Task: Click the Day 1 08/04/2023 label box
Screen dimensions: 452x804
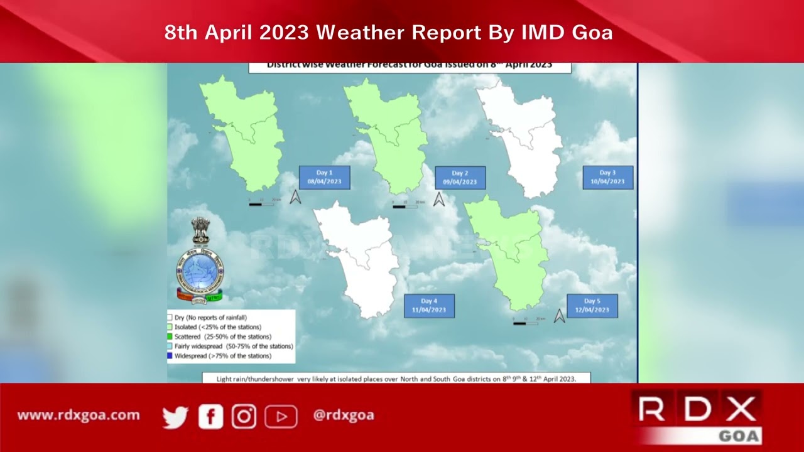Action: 324,178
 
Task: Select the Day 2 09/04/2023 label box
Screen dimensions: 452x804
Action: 460,178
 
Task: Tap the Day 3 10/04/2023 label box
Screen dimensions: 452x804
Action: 607,178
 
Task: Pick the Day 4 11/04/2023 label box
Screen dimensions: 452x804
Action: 429,306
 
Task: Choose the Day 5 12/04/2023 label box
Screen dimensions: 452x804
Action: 592,306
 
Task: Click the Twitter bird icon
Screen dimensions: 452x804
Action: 175,416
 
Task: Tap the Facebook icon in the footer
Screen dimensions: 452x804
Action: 210,416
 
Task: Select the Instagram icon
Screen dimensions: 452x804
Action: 244,416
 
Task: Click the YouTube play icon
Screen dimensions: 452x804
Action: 280,416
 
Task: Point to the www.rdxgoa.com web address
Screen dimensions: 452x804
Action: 79,416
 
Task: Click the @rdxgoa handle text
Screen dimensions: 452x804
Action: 344,416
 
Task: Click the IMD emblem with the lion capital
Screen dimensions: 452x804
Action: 200,261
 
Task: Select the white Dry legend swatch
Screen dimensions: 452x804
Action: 170,318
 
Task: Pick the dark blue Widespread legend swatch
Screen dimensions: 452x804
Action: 170,356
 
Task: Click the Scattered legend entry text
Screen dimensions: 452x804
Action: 222,337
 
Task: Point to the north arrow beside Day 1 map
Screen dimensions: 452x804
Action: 295,197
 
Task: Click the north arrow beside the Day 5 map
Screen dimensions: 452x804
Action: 559,316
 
